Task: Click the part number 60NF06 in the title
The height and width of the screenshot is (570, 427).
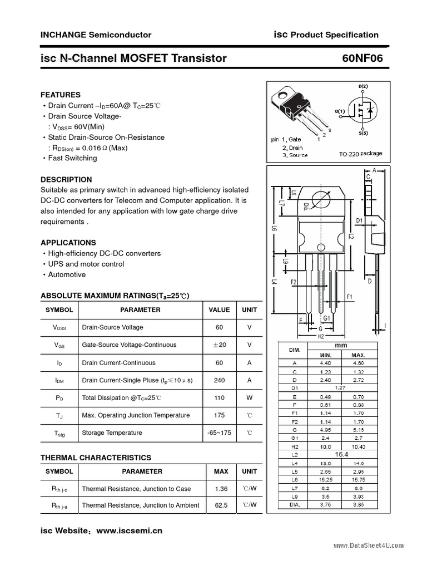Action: point(363,58)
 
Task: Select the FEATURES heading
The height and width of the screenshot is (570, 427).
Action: point(61,95)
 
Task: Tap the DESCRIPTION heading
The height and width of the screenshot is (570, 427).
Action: point(66,180)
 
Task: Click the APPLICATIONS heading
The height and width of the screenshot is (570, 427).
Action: point(68,243)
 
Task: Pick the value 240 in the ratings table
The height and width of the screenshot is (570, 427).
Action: point(219,380)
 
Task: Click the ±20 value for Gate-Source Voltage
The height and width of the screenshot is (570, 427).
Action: point(219,345)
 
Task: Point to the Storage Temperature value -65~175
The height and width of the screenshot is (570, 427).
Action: point(219,433)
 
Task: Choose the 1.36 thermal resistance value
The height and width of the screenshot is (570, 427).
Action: point(221,489)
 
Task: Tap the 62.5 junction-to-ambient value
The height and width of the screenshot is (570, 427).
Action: point(221,505)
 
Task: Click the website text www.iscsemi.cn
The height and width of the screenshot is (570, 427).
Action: point(130,530)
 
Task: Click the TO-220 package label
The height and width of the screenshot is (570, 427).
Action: point(360,154)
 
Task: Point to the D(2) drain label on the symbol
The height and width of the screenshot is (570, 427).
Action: point(363,87)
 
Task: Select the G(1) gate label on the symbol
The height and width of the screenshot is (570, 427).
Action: point(340,111)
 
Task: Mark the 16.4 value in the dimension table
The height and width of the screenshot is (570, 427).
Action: point(341,455)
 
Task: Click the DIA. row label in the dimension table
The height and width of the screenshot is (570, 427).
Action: point(295,505)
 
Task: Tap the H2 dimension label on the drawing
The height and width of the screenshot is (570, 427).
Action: point(321,336)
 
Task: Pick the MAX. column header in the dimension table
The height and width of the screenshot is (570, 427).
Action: point(358,355)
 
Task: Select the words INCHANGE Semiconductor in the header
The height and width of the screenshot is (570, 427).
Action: point(96,35)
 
